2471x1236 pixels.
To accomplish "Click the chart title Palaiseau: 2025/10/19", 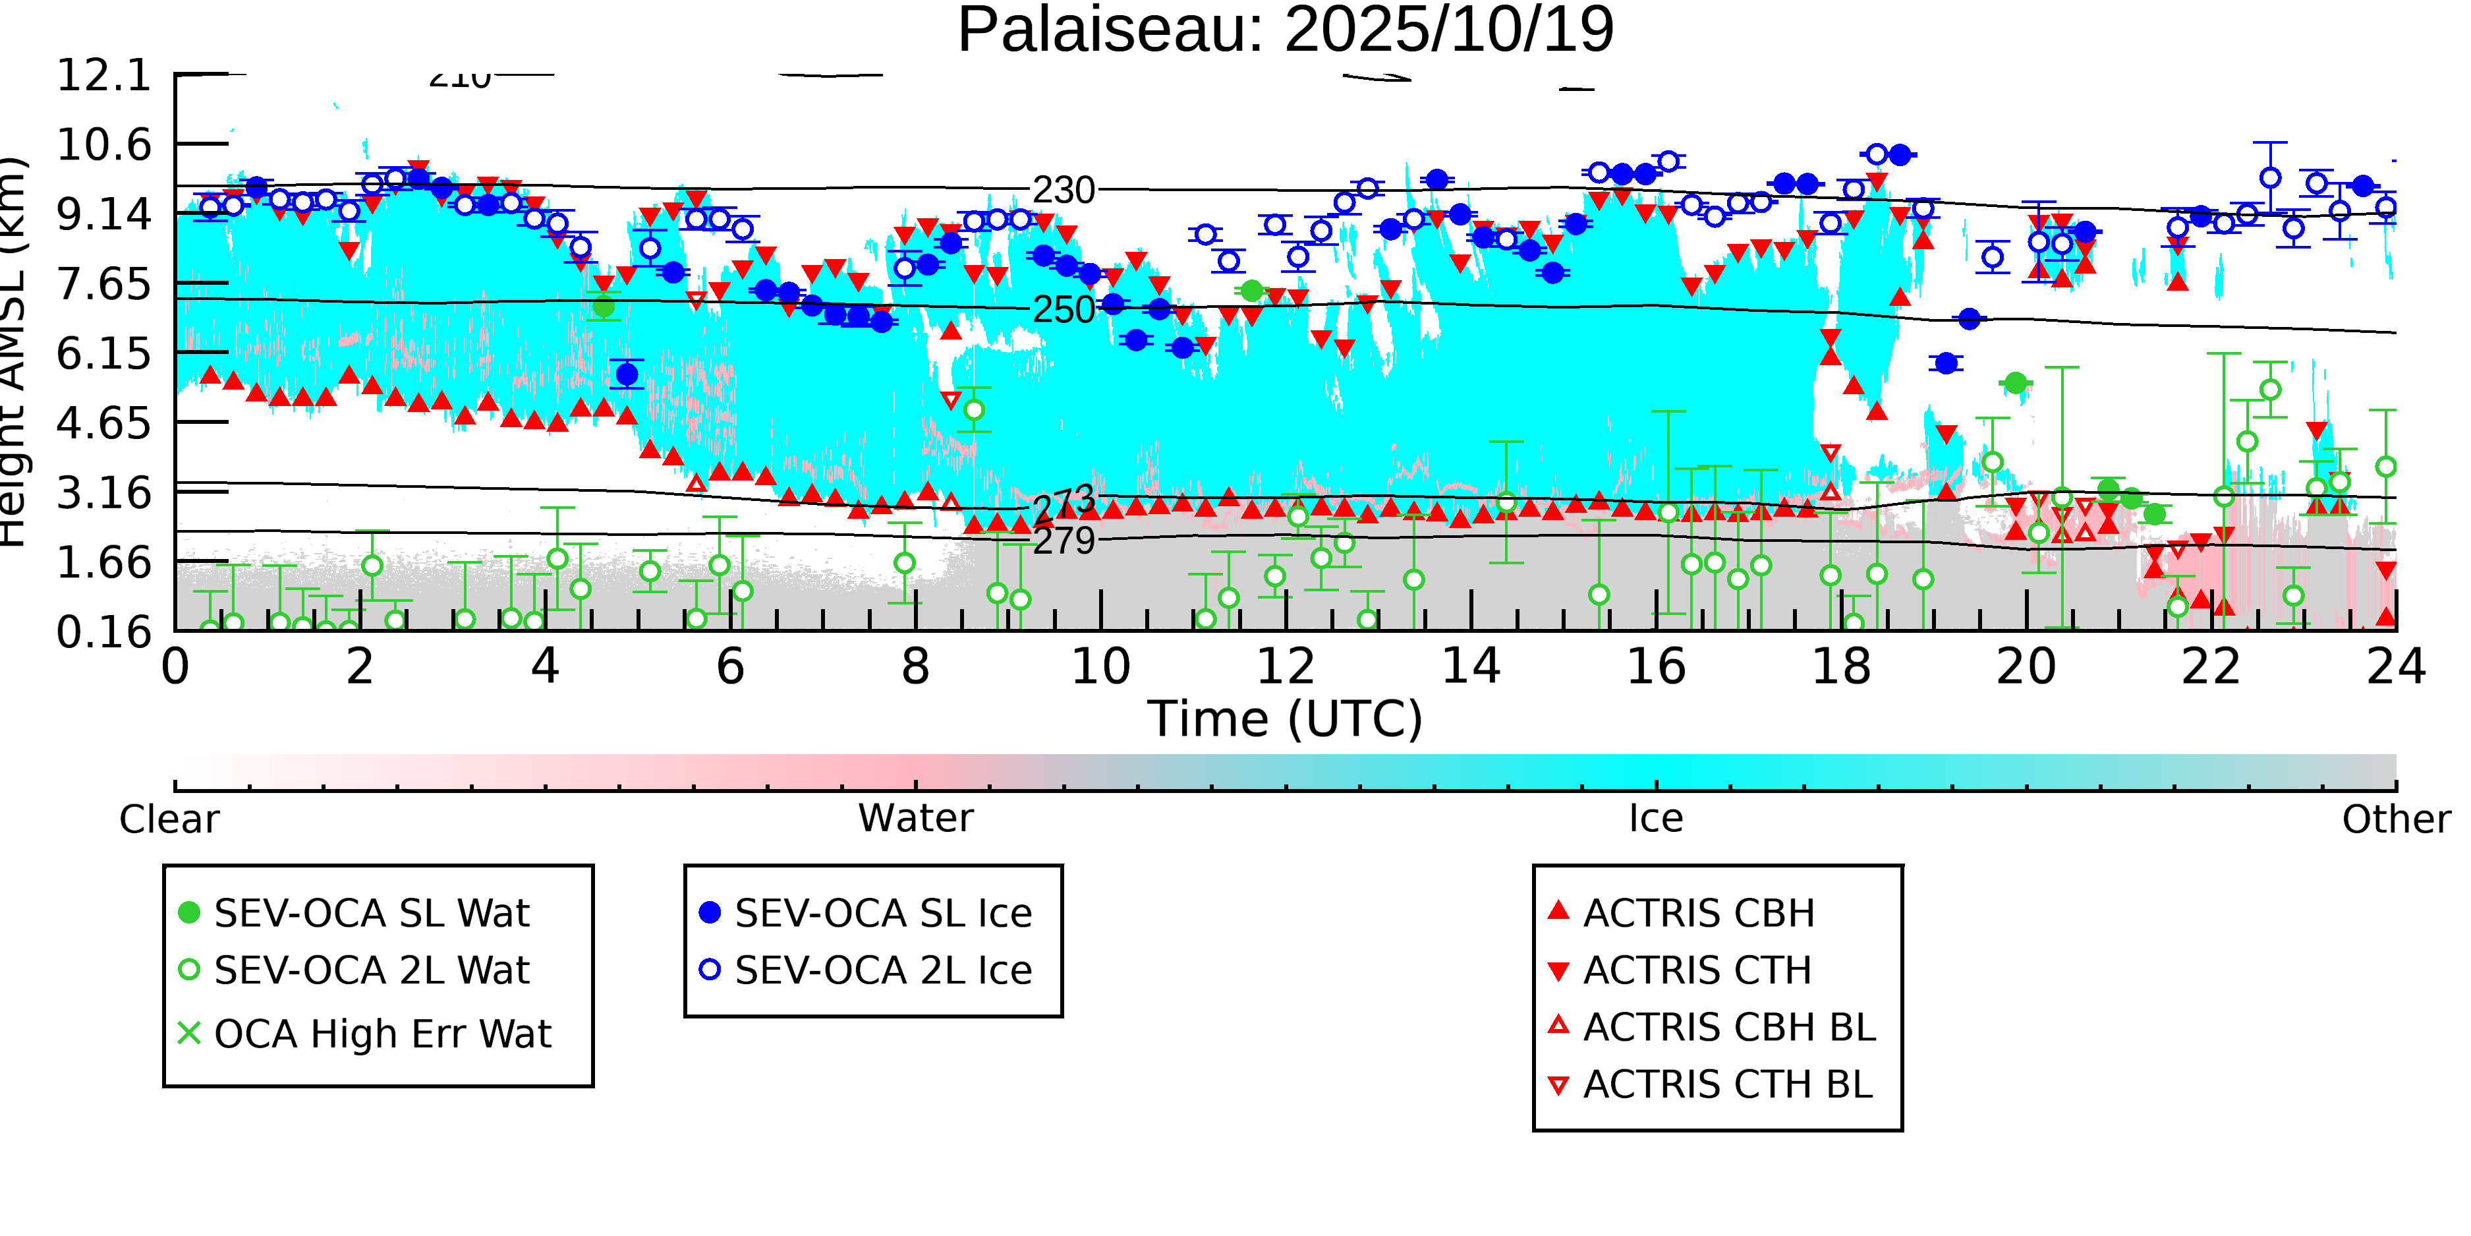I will (1286, 31).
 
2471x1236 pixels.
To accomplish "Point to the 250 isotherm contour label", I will (1063, 310).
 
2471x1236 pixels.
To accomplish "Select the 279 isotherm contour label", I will (1064, 541).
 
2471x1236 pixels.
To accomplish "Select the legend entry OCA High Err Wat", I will (382, 1034).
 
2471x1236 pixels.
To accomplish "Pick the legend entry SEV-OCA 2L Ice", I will (882, 971).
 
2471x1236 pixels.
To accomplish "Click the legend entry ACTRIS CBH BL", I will (1728, 1028).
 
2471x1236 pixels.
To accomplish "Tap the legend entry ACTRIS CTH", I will (1697, 971).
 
